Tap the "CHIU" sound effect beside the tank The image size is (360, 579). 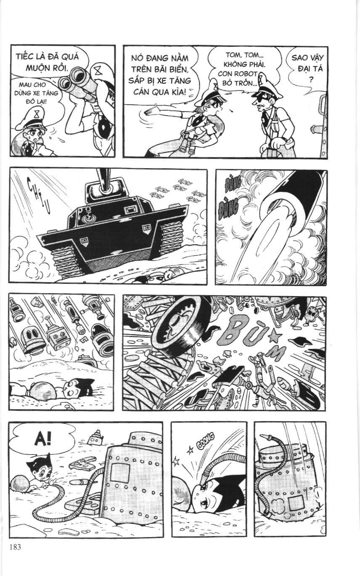click(38, 195)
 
